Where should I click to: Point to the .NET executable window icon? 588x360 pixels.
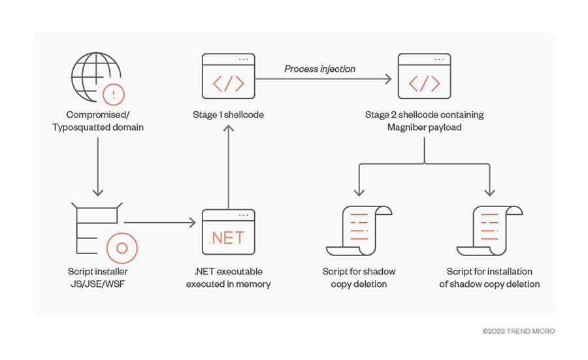pyautogui.click(x=227, y=232)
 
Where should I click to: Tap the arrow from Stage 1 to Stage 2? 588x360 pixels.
pyautogui.click(x=323, y=79)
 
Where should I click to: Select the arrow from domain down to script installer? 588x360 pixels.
pyautogui.click(x=97, y=166)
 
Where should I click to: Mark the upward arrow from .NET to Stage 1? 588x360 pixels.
pyautogui.click(x=227, y=163)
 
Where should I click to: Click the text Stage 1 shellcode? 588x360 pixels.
pyautogui.click(x=227, y=115)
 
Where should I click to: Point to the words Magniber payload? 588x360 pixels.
pyautogui.click(x=424, y=127)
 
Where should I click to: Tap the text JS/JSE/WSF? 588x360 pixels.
pyautogui.click(x=97, y=284)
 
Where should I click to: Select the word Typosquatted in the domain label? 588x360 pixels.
pyautogui.click(x=82, y=127)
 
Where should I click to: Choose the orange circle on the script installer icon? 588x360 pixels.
pyautogui.click(x=121, y=248)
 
